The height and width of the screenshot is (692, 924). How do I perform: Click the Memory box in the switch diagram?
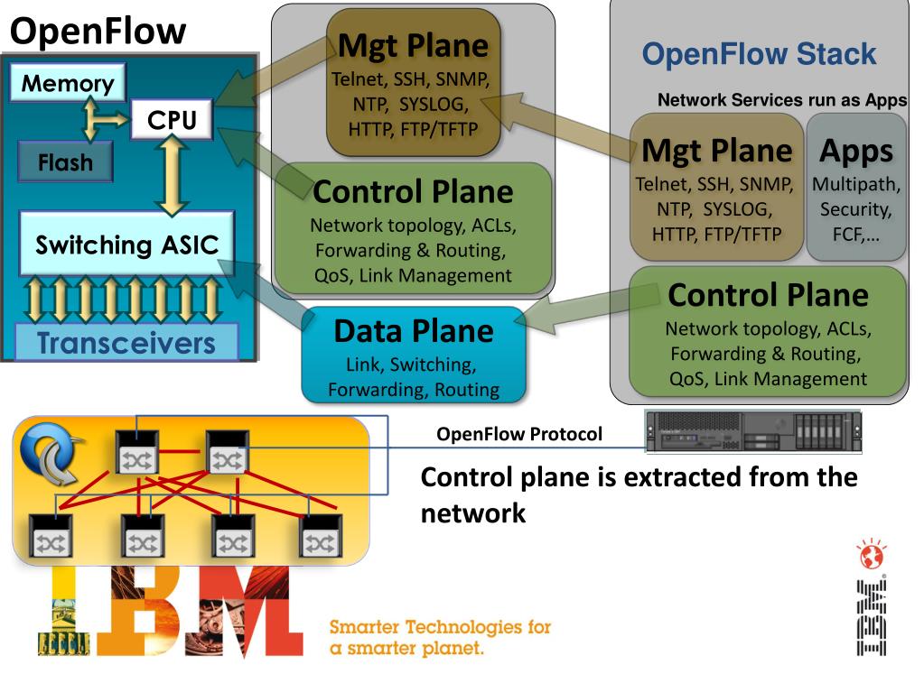point(68,82)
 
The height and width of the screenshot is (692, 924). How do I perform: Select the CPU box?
point(172,119)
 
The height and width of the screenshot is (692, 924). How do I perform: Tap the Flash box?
point(65,161)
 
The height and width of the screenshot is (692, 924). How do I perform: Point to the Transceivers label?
point(126,343)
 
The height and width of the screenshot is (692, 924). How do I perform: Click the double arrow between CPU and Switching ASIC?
point(172,175)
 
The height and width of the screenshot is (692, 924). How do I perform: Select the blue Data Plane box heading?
point(414,331)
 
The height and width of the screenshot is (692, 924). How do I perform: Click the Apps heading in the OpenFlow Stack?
point(856,152)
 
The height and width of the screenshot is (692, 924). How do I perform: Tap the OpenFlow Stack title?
point(759,53)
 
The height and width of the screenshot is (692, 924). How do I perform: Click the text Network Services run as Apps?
point(782,99)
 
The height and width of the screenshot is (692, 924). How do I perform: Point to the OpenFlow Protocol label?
point(519,434)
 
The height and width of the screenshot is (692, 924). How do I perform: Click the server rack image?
point(753,431)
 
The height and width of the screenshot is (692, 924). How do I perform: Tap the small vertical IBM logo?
point(872,617)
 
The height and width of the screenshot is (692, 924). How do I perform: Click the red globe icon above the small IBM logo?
point(872,554)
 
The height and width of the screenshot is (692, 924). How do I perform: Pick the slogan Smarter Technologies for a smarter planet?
point(440,637)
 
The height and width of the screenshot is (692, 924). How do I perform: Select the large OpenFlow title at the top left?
point(98,31)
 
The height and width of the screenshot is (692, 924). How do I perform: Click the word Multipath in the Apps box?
point(855,184)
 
